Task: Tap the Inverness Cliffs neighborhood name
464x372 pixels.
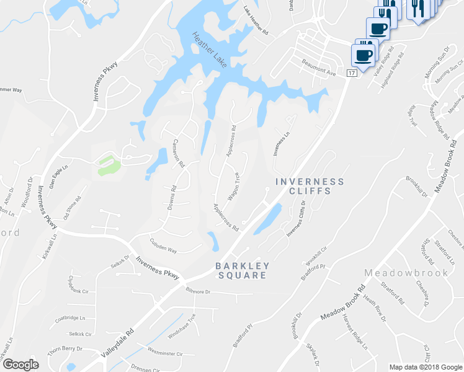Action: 309,186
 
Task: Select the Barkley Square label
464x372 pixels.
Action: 242,270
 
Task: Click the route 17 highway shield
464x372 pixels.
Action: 352,73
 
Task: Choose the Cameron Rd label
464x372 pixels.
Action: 178,154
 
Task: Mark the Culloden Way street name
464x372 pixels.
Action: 163,246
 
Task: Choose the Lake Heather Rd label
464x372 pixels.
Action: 255,20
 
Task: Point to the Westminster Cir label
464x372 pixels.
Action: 165,353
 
